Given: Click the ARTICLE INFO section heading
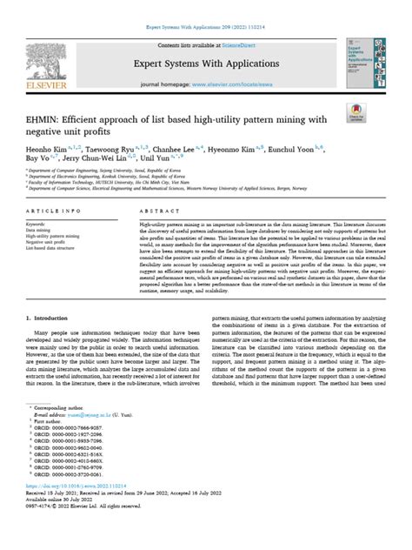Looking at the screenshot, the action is pyautogui.click(x=56, y=236).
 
